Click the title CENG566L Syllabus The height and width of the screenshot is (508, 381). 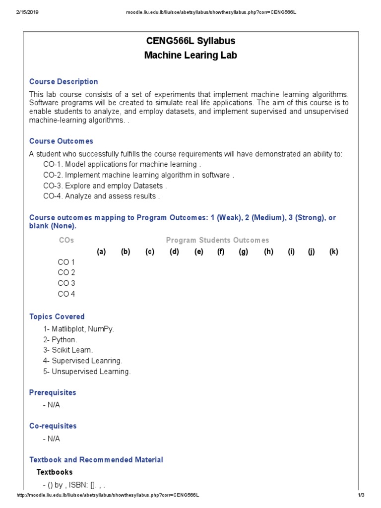[x=190, y=41]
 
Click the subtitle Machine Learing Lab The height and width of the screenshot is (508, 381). [x=190, y=55]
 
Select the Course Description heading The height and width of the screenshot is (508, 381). [x=63, y=82]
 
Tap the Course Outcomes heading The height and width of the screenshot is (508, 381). [x=61, y=141]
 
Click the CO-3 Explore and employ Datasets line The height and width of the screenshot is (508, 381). [x=105, y=186]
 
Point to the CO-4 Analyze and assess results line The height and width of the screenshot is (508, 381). [x=101, y=196]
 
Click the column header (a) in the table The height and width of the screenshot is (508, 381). [x=101, y=252]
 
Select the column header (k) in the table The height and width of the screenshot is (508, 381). [x=333, y=252]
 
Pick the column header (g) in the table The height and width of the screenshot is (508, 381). [x=243, y=252]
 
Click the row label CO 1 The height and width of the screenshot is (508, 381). [x=66, y=262]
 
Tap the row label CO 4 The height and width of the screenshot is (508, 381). [x=66, y=294]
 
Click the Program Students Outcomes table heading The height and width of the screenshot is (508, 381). [x=217, y=240]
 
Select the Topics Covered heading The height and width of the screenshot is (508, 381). [x=57, y=317]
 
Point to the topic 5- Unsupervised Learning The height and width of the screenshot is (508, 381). [x=87, y=372]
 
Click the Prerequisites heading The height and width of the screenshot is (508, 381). [x=53, y=392]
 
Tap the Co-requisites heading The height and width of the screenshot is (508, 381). [x=53, y=426]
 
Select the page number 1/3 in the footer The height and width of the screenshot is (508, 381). [x=361, y=496]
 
